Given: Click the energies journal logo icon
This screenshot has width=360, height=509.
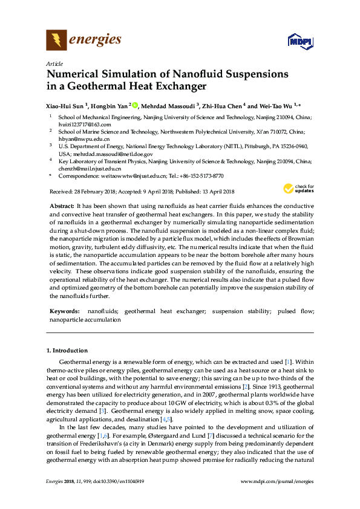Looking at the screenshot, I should [56, 41].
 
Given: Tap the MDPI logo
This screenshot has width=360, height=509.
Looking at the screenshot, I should [298, 42].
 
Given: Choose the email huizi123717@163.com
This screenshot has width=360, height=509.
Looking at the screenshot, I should [85, 124].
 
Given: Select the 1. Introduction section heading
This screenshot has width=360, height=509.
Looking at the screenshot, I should [67, 351].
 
